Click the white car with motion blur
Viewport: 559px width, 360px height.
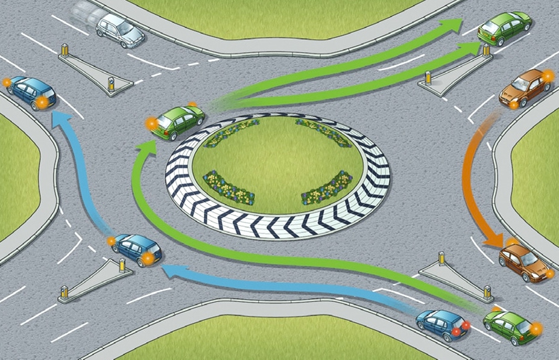[120, 30]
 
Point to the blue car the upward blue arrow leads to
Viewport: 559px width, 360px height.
[30, 92]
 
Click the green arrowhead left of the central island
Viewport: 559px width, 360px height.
[144, 148]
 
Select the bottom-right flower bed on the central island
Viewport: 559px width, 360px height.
[326, 188]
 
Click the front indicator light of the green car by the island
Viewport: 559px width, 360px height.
[151, 124]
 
